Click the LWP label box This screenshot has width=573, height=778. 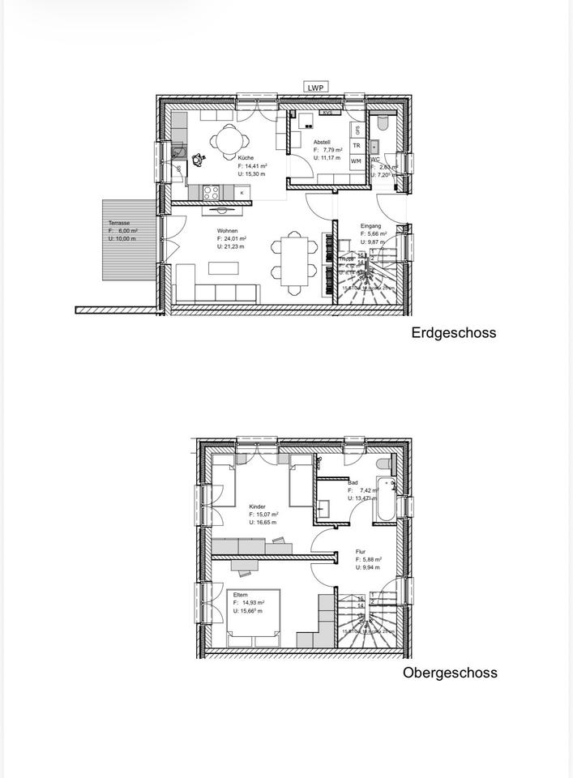[x=316, y=87]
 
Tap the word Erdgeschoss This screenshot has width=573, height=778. [x=453, y=332]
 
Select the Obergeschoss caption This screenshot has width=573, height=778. [x=450, y=673]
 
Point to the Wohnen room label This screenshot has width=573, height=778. [x=227, y=231]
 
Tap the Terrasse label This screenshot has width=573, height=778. [x=119, y=223]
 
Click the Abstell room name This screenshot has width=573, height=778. [x=323, y=143]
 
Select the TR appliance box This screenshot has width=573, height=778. [x=357, y=146]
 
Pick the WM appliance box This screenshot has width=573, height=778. [x=357, y=161]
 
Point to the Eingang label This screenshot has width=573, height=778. [x=370, y=225]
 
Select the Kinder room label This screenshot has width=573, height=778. [x=258, y=507]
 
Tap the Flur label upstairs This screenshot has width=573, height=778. [x=361, y=553]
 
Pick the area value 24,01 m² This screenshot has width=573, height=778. [x=234, y=239]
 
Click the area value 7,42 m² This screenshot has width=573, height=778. [x=361, y=490]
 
